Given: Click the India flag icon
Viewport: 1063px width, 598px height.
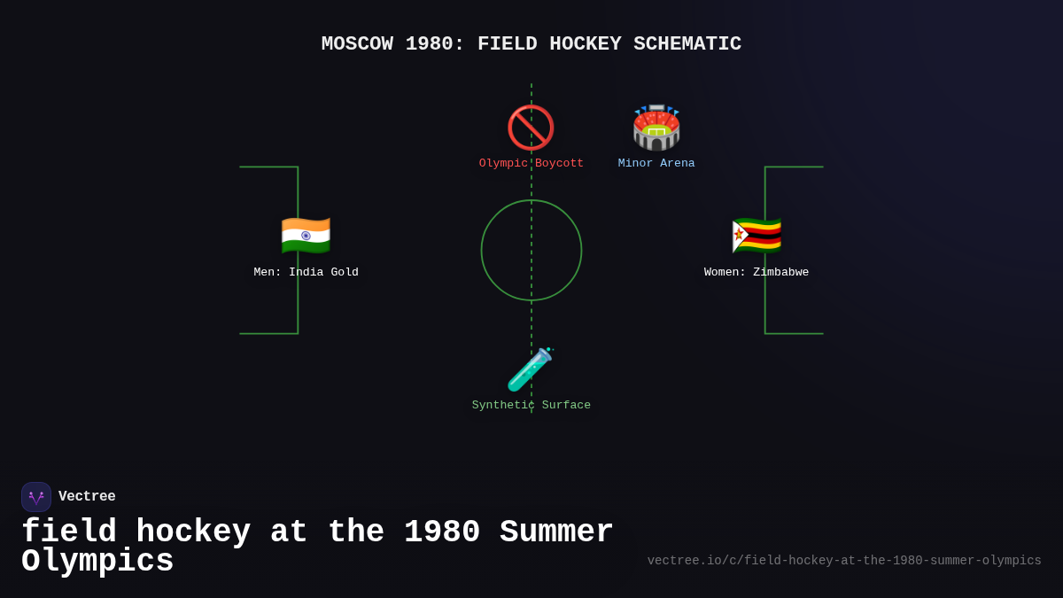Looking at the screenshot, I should click(306, 236).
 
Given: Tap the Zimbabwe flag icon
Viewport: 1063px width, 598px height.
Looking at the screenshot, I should click(757, 236).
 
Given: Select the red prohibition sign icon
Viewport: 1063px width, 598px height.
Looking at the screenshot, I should click(531, 128).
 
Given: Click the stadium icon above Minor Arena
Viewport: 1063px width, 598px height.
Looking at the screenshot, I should click(656, 128).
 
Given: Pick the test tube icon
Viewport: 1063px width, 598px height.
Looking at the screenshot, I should click(530, 369).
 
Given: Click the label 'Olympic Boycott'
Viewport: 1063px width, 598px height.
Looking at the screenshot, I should click(531, 164).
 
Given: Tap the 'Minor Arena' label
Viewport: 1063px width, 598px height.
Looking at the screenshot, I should click(656, 164).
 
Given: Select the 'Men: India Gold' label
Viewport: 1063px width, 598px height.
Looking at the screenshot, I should click(306, 273).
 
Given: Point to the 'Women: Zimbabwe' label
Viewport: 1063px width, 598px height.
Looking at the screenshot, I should click(757, 273).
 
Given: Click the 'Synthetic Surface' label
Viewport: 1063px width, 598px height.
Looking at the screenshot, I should click(531, 406).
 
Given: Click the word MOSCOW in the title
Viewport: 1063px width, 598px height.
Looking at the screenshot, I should click(357, 44).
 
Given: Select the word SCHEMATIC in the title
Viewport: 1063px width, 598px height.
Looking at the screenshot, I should click(687, 44).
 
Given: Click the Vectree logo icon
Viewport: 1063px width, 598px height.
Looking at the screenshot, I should click(36, 497).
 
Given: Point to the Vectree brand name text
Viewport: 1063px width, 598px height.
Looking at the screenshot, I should click(87, 497).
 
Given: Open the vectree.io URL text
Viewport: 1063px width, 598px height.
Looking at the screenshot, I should click(844, 561).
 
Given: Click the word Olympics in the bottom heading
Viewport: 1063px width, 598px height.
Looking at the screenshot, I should click(97, 562).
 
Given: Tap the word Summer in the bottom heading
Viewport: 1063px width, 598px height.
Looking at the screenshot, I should click(556, 532).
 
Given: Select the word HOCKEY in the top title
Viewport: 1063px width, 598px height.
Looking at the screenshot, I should click(586, 44).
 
